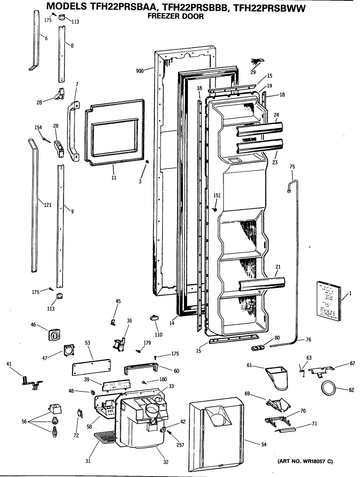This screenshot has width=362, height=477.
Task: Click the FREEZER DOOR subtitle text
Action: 176,16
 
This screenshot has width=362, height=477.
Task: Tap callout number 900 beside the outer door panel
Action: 140,71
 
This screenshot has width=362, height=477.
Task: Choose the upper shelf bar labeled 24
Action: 259,129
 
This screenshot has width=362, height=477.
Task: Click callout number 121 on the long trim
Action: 47,205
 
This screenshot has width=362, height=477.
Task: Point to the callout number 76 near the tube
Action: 308,340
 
